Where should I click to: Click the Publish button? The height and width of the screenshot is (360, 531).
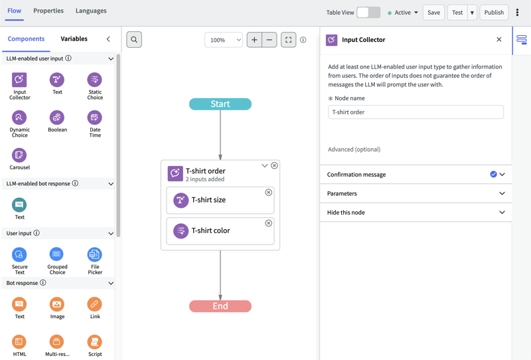coord(494,13)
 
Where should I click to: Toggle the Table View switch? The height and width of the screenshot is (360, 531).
coord(368,13)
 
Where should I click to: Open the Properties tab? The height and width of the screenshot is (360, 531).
coord(48,11)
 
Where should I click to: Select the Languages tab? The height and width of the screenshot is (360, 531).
coord(91,11)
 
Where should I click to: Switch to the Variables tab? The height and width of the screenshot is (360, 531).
coord(74,39)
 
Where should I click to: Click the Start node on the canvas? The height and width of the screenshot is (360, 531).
coord(220,104)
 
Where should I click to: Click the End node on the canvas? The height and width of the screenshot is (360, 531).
coord(220,306)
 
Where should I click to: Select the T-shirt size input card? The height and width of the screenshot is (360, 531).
coord(220,200)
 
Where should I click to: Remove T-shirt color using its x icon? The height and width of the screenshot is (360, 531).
coord(269,223)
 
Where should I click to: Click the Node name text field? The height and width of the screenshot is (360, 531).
coord(416,112)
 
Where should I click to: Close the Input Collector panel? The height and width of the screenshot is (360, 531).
coord(499,40)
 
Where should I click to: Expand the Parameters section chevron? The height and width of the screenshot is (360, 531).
coord(502,193)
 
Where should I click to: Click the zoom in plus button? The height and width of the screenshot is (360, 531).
coord(254,40)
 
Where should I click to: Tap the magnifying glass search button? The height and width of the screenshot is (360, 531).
coord(134,40)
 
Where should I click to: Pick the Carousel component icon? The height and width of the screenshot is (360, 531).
coord(19,155)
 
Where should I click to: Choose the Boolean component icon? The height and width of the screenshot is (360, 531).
coord(57,118)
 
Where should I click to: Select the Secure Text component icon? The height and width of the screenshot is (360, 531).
coord(19,254)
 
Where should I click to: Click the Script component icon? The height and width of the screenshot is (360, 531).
coord(94,341)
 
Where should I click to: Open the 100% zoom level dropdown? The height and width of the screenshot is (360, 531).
coord(224,40)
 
